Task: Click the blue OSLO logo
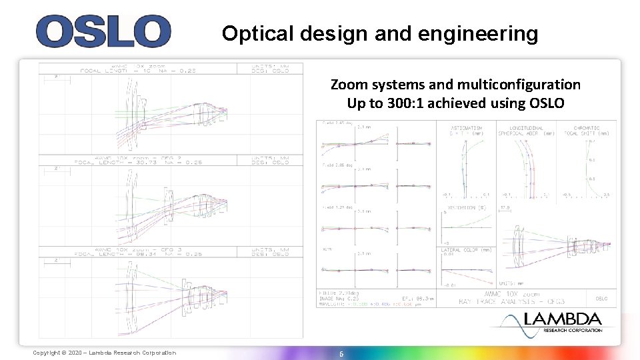coord(103,31)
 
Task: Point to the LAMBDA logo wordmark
coord(563,319)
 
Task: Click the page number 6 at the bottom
coord(341,354)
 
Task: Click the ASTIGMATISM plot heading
coord(467,127)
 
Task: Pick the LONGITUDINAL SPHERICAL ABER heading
coord(527,130)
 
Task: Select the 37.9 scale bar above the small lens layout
coord(505,207)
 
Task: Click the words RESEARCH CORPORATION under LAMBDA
coord(573,330)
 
